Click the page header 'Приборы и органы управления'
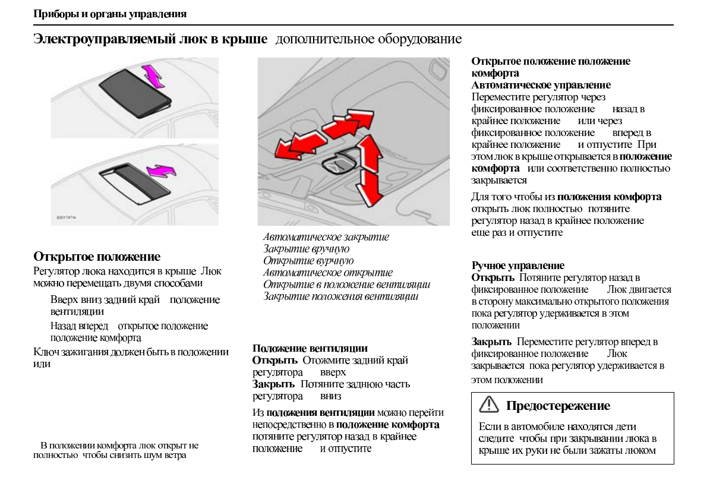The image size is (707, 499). click(110, 14)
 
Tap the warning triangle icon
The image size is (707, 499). click(488, 406)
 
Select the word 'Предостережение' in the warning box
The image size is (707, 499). click(558, 406)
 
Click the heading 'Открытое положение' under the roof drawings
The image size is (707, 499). click(97, 257)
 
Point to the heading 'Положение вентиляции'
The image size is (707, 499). click(310, 348)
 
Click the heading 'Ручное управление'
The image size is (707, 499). click(518, 266)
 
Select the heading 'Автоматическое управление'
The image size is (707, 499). click(541, 86)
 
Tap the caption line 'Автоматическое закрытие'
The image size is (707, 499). click(326, 237)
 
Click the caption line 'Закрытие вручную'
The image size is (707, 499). click(306, 249)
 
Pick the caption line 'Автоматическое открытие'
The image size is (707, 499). click(328, 273)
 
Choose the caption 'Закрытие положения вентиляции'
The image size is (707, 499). click(341, 296)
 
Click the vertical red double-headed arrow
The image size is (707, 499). click(370, 169)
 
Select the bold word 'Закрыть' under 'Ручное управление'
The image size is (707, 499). click(491, 342)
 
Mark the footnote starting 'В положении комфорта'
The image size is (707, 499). click(116, 450)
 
